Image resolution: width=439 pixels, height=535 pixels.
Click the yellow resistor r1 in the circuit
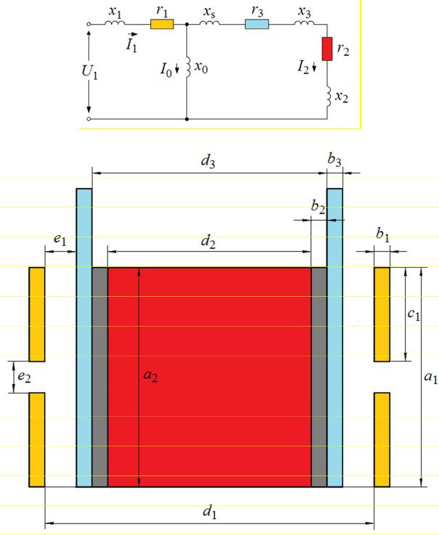(x=162, y=24)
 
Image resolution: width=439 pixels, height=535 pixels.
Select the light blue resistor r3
(x=257, y=24)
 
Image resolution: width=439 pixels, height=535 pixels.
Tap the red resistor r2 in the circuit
(x=327, y=49)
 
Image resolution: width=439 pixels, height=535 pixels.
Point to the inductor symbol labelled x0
(x=188, y=68)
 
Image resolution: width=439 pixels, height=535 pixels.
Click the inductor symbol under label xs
(x=210, y=23)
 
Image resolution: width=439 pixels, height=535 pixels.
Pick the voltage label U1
(x=89, y=72)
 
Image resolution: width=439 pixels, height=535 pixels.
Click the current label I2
(x=303, y=67)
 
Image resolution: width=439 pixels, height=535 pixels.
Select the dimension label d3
(x=208, y=160)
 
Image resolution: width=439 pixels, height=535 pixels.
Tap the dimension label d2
(x=208, y=241)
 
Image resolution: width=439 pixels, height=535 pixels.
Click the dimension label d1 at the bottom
(x=210, y=512)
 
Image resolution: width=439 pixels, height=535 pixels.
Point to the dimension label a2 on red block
(x=150, y=375)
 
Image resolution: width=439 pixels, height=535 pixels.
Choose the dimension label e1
(x=60, y=240)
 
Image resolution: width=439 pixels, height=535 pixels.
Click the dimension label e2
(x=24, y=377)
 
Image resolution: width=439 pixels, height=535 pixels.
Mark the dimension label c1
(x=414, y=314)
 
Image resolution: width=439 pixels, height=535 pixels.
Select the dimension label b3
(x=335, y=160)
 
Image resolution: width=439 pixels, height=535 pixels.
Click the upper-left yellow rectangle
(x=37, y=314)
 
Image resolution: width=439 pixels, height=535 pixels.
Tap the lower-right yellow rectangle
(x=382, y=439)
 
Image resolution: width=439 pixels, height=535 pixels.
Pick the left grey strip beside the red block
(x=100, y=377)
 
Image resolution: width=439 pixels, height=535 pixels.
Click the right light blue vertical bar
(x=335, y=338)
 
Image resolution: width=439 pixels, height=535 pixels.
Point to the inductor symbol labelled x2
(x=329, y=97)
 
